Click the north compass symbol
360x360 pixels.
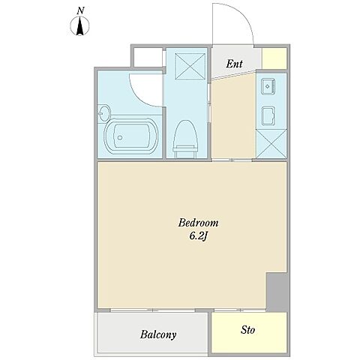[x=79, y=26]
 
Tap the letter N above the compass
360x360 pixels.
[x=80, y=10]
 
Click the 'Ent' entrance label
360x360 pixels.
[x=234, y=64]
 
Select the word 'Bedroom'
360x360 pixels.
[x=198, y=223]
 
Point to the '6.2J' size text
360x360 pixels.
[x=199, y=236]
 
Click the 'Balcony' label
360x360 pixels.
[x=158, y=334]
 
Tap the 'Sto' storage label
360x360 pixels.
[x=247, y=330]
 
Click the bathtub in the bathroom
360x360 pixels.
[x=131, y=136]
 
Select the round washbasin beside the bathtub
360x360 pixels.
[x=103, y=114]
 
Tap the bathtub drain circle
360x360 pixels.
[x=120, y=137]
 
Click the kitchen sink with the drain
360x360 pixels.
[x=268, y=86]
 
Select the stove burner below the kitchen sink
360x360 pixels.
[x=268, y=116]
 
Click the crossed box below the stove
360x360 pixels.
[x=271, y=143]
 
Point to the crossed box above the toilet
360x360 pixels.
[x=190, y=67]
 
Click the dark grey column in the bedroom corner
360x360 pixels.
[x=277, y=292]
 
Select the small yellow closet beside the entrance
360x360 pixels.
[x=274, y=58]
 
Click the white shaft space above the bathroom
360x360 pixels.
[x=148, y=57]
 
